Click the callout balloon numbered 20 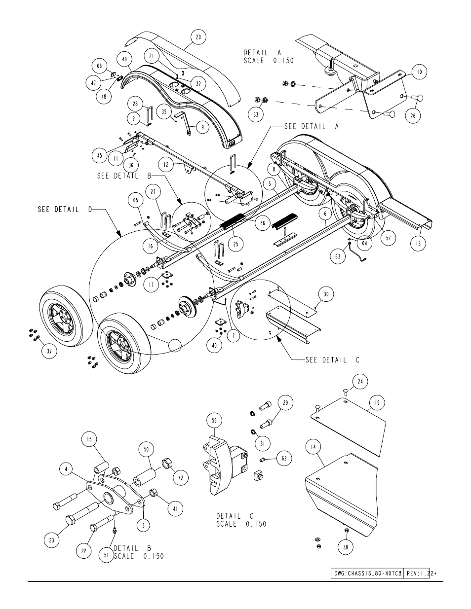[x=198, y=37]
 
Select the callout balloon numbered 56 [x=214, y=421]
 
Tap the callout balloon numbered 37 [x=49, y=351]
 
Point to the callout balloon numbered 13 [x=418, y=244]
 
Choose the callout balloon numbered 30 [x=326, y=294]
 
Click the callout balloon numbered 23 [x=52, y=540]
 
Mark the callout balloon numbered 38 [x=346, y=547]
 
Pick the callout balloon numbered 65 [x=135, y=200]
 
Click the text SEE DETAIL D [x=65, y=210]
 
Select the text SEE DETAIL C [x=332, y=360]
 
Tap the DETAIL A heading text [x=262, y=53]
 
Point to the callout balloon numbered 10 [x=419, y=72]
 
